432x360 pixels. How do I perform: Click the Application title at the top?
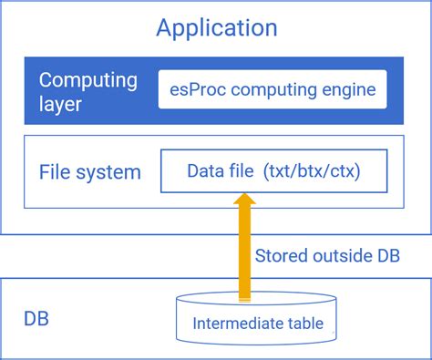pos(216,27)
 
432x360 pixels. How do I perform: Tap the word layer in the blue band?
pos(60,104)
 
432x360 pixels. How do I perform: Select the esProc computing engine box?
pos(272,90)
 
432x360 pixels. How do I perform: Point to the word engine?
pos(346,90)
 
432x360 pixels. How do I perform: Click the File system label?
pos(90,171)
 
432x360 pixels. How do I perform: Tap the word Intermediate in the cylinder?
pos(231,324)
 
